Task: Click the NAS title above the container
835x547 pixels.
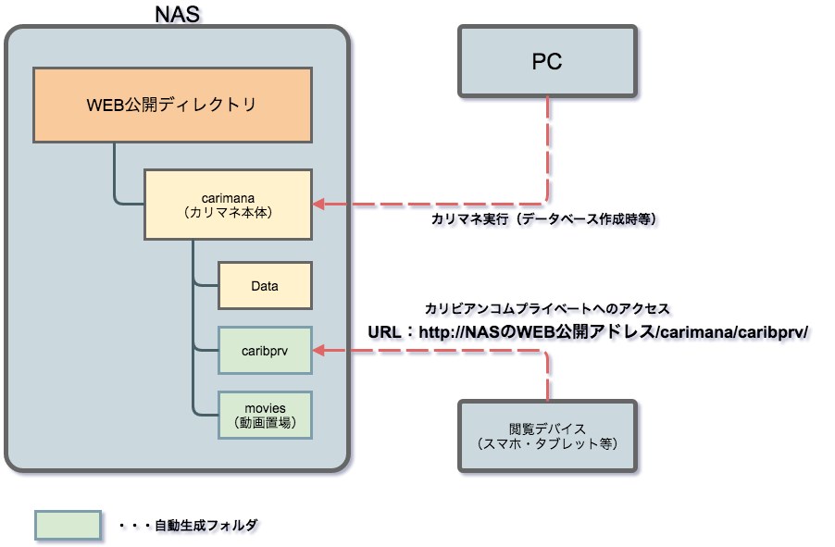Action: tap(177, 14)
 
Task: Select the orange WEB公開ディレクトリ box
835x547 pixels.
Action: tap(172, 105)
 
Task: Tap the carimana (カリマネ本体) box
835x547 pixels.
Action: tap(227, 204)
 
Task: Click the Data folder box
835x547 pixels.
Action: tap(265, 286)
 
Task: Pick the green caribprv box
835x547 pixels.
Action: tap(265, 350)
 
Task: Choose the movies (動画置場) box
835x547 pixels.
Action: tap(265, 415)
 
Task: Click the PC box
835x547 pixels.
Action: tap(547, 61)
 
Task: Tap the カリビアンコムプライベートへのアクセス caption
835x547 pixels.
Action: tap(546, 308)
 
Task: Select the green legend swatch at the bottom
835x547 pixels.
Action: tap(67, 525)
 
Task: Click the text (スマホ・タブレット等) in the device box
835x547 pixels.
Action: tap(547, 443)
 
